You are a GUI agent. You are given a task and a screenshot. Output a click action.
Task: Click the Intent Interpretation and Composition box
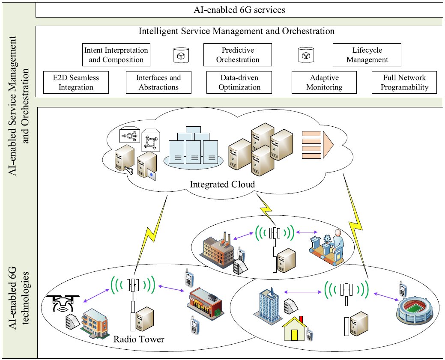(x=116, y=55)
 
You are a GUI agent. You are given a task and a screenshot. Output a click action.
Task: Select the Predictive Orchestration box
(x=237, y=55)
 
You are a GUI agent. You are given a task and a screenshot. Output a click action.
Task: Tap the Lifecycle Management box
(x=367, y=55)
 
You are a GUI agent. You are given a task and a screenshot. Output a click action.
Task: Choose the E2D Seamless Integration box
(x=76, y=82)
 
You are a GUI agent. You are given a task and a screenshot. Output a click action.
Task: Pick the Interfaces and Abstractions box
(x=158, y=82)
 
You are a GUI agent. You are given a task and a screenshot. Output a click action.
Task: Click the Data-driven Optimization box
(x=239, y=82)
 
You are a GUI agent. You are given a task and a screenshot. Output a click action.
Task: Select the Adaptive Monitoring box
(x=324, y=82)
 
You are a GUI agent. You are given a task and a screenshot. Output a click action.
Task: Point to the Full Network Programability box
(x=405, y=82)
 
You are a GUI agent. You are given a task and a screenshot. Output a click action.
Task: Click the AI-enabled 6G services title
(x=239, y=9)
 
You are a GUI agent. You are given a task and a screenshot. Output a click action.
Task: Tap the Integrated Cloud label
(x=223, y=184)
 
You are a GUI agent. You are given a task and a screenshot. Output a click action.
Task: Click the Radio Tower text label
(x=139, y=340)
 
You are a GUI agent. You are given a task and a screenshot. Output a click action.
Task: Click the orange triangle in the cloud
(x=328, y=143)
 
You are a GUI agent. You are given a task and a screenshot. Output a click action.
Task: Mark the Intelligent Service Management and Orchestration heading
(x=236, y=31)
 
